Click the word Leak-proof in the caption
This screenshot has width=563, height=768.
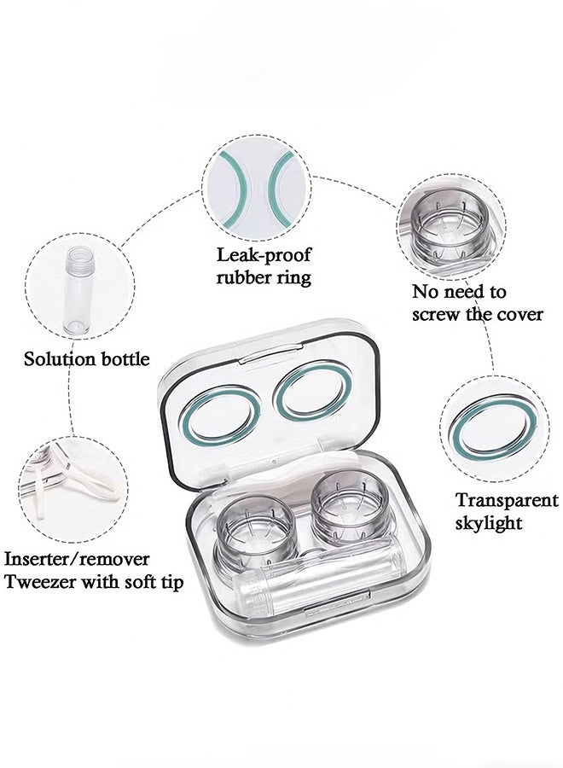[264, 255]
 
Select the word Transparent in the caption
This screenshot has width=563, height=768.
[507, 500]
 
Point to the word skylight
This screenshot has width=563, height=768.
[489, 523]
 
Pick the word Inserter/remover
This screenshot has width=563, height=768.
[77, 559]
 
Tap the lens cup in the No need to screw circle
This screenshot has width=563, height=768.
[450, 230]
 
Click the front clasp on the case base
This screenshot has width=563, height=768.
[337, 603]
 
